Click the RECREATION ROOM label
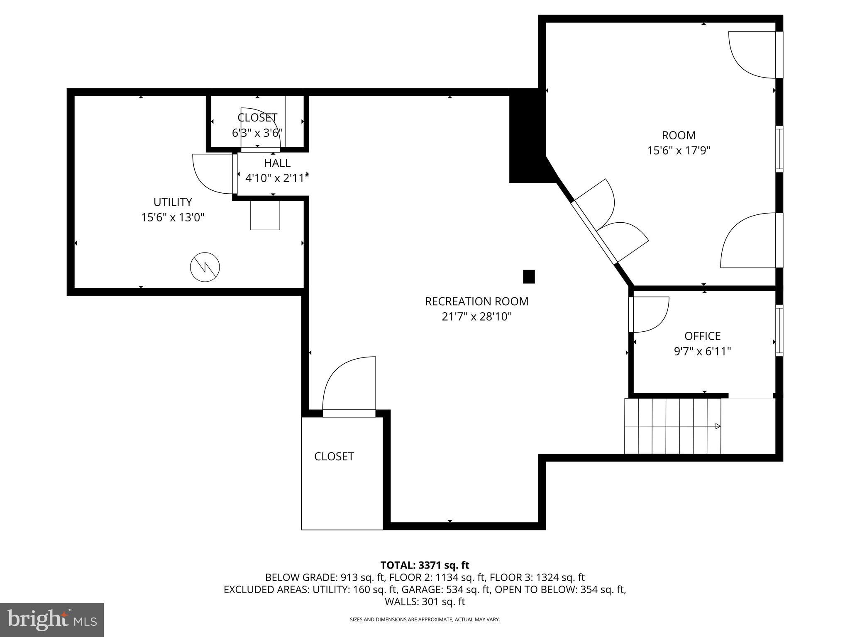[476, 301]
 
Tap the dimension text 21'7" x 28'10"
[476, 317]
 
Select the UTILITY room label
[173, 202]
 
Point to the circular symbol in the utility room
[205, 267]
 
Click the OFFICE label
[702, 336]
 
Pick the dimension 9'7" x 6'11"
[702, 352]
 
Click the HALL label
[277, 163]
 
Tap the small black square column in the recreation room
[528, 276]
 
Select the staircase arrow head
[718, 426]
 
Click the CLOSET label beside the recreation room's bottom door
[334, 457]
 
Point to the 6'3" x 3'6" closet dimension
[257, 133]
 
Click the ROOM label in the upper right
[679, 135]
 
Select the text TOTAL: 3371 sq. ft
[425, 565]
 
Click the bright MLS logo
[52, 620]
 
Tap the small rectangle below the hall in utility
[265, 215]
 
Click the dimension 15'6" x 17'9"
[679, 151]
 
